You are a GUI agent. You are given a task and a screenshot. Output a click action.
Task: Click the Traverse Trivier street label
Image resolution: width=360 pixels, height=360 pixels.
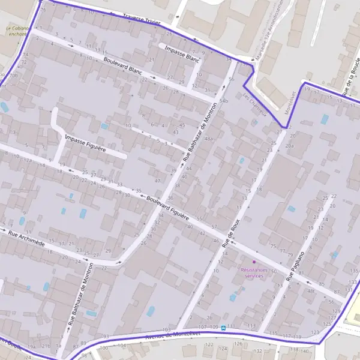(x=142, y=20)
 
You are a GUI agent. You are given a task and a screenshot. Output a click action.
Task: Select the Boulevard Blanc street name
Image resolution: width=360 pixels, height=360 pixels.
(x=122, y=66)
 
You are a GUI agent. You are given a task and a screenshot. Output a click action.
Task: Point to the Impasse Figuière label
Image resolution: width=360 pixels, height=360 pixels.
(x=85, y=142)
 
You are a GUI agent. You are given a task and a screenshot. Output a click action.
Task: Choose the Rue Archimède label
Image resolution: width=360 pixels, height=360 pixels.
(x=27, y=238)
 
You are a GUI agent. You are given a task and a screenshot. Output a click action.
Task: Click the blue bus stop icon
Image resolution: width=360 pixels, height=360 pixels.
(x=223, y=328)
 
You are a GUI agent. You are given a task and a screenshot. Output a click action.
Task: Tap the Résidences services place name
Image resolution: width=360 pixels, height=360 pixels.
(x=254, y=272)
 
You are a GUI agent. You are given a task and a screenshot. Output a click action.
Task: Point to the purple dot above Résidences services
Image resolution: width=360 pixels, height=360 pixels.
(x=254, y=262)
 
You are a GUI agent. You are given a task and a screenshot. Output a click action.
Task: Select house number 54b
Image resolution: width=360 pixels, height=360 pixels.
(x=224, y=101)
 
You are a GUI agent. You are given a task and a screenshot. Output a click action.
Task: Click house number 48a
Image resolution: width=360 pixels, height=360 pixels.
(x=209, y=139)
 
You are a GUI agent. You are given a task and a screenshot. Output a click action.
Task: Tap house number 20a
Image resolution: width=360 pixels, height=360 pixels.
(x=290, y=146)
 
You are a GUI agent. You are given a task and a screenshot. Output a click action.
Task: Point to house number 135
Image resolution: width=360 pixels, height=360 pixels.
(x=353, y=271)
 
